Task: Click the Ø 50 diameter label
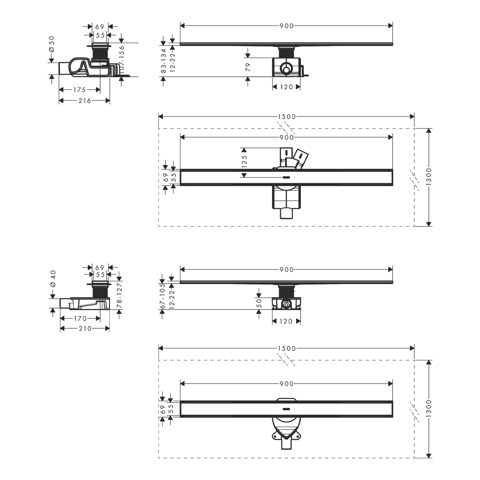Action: (x=51, y=44)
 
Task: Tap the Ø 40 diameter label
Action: (x=53, y=278)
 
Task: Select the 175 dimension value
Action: (x=79, y=90)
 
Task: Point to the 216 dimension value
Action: (x=85, y=100)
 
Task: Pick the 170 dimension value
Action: (x=80, y=318)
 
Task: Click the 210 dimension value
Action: (x=85, y=328)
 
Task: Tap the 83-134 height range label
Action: (x=164, y=61)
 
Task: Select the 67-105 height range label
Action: (x=163, y=296)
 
